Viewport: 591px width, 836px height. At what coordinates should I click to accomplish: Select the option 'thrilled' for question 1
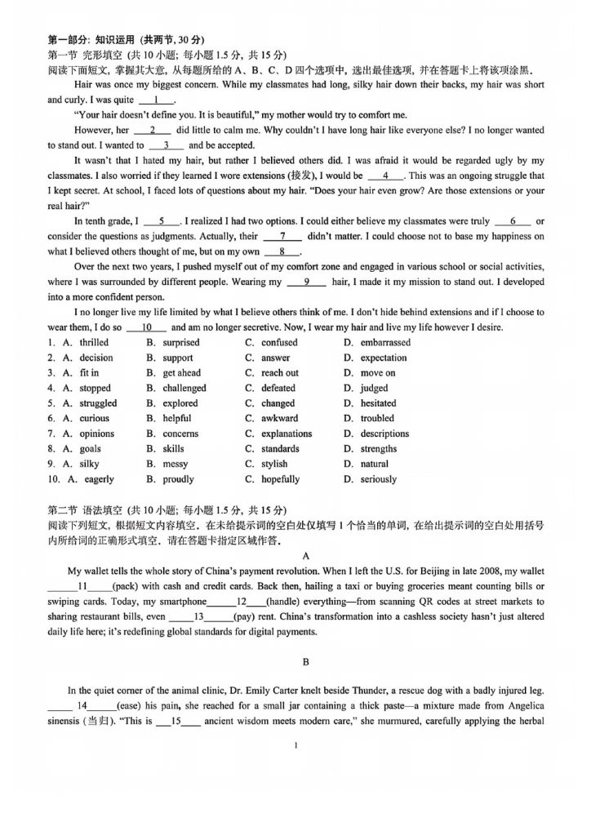(x=94, y=343)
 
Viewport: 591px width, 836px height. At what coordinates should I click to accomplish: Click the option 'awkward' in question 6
(x=279, y=419)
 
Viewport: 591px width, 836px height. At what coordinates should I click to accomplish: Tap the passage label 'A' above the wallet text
(x=295, y=551)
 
